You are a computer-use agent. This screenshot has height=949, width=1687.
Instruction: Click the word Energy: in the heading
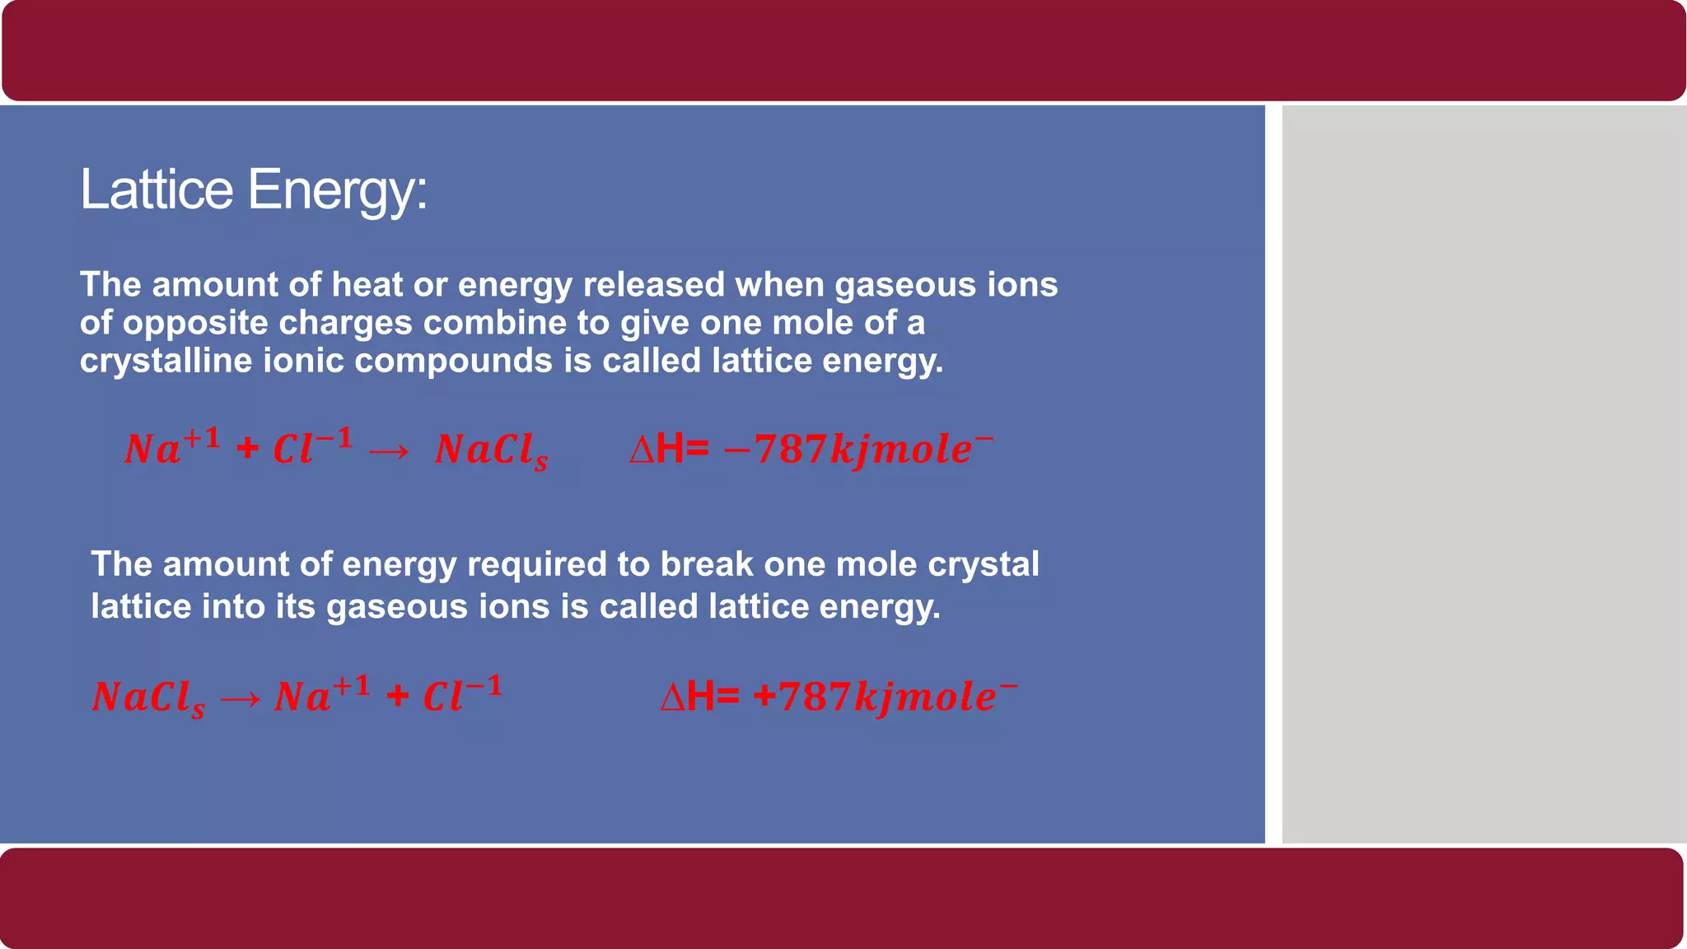[x=337, y=191]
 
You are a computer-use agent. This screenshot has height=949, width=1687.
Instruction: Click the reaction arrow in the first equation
[x=388, y=451]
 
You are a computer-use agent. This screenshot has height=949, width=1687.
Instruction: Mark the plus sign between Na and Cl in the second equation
[x=398, y=697]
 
